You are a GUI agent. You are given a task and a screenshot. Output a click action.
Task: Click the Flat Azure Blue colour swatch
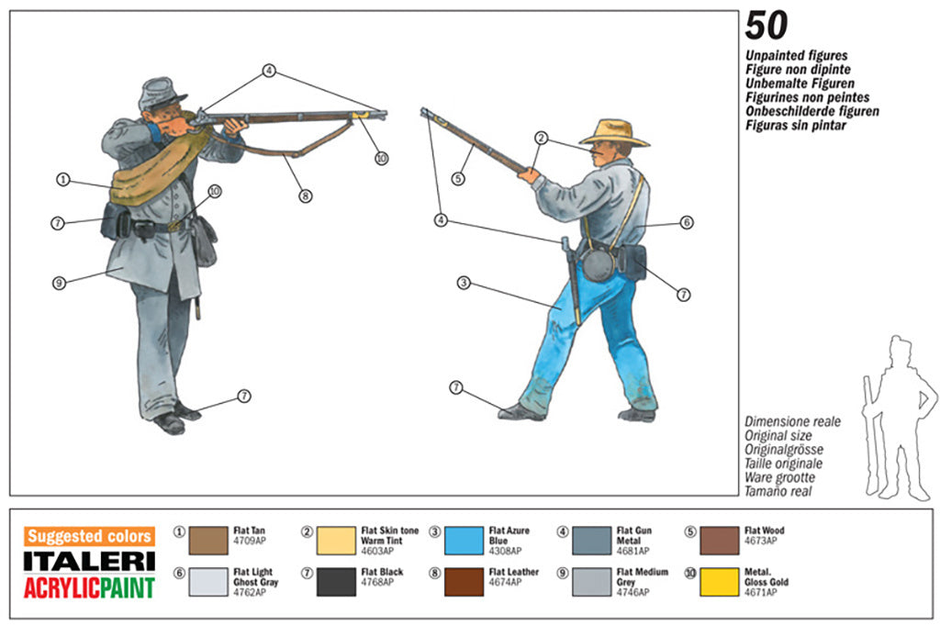(x=464, y=541)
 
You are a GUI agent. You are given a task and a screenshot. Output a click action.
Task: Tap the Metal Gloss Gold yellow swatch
(x=719, y=583)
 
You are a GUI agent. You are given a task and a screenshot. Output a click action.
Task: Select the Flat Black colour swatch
(x=336, y=583)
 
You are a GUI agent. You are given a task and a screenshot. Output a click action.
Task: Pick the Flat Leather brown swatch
(x=464, y=583)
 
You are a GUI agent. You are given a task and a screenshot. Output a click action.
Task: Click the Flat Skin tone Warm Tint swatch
(x=336, y=541)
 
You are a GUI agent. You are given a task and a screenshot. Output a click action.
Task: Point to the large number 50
(x=766, y=27)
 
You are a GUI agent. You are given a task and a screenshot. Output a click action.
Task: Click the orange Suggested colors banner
(x=89, y=536)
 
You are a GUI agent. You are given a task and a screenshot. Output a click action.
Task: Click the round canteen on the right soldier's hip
(x=599, y=265)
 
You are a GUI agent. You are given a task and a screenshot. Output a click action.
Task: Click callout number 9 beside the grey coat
(x=60, y=283)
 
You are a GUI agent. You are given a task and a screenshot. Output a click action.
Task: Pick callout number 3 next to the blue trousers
(x=464, y=283)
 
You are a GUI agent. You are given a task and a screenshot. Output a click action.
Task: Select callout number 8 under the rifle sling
(x=305, y=195)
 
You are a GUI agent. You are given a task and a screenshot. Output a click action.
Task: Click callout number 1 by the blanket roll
(x=62, y=180)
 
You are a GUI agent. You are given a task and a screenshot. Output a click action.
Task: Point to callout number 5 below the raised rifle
(x=458, y=177)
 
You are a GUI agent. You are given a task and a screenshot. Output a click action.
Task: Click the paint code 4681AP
(x=632, y=551)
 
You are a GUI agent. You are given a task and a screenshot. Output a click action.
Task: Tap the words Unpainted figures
(x=796, y=56)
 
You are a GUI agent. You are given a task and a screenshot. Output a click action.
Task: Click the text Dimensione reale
(x=792, y=422)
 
